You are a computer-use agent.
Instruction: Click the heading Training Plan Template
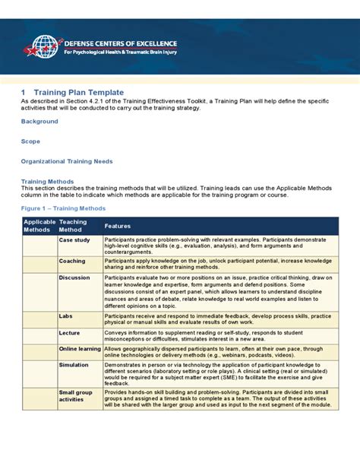(79, 93)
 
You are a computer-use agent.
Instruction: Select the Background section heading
(39, 122)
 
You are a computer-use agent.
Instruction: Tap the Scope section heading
(30, 141)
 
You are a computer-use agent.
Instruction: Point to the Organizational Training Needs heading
(67, 161)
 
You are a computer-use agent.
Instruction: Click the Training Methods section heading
(47, 182)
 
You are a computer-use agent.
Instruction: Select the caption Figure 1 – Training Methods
(63, 206)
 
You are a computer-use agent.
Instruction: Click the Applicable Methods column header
(39, 225)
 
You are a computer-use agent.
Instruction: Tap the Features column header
(118, 226)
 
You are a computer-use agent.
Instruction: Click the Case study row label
(74, 240)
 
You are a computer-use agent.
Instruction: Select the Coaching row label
(73, 261)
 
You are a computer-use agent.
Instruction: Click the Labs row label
(66, 315)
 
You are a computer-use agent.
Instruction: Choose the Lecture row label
(71, 331)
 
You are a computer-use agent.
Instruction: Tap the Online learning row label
(80, 348)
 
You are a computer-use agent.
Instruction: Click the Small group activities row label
(75, 395)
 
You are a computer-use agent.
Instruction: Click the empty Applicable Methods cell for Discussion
(39, 292)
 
